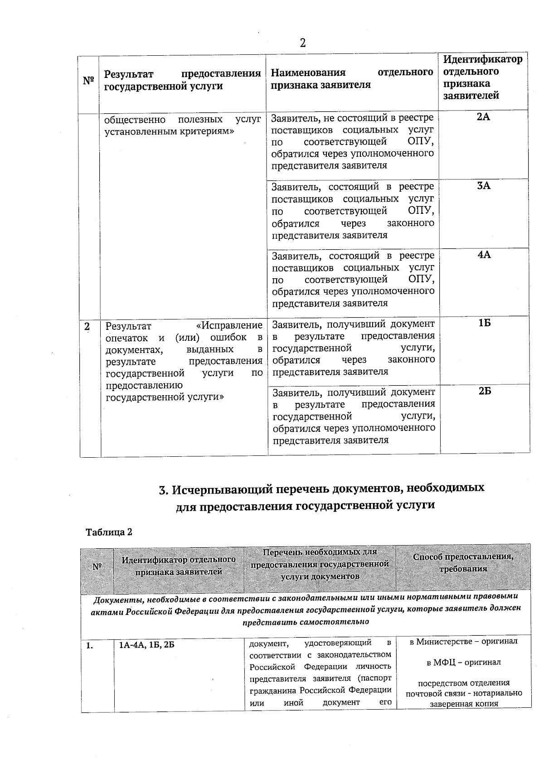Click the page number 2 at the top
pyautogui.click(x=302, y=43)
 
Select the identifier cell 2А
pyautogui.click(x=483, y=117)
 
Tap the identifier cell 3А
pyautogui.click(x=483, y=186)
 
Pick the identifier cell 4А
pyautogui.click(x=484, y=255)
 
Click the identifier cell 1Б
pyautogui.click(x=484, y=323)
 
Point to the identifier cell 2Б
pyautogui.click(x=485, y=392)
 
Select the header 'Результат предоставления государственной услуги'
pyautogui.click(x=182, y=80)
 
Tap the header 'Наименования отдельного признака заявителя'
pyautogui.click(x=352, y=79)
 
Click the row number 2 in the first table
pyautogui.click(x=87, y=326)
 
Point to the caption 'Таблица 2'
pyautogui.click(x=109, y=532)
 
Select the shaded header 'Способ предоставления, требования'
pyautogui.click(x=463, y=562)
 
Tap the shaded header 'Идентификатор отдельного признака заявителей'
pyautogui.click(x=179, y=566)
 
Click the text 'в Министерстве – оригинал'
pyautogui.click(x=463, y=642)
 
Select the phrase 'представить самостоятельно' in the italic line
pyautogui.click(x=306, y=622)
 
